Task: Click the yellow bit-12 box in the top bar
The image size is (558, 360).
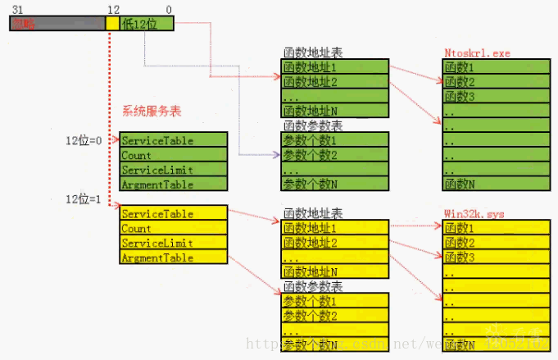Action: click(112, 24)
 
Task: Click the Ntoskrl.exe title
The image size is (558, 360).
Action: click(477, 53)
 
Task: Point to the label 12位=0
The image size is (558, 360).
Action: click(84, 141)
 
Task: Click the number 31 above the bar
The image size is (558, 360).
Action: click(17, 8)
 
